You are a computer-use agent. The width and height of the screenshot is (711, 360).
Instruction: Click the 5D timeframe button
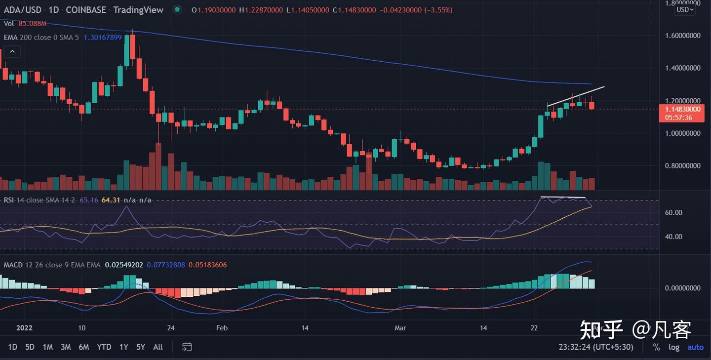click(30, 347)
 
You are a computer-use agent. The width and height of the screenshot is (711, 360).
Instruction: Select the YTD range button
click(104, 347)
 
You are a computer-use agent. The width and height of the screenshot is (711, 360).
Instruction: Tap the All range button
click(158, 347)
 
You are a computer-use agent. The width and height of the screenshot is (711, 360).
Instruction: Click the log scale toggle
click(674, 347)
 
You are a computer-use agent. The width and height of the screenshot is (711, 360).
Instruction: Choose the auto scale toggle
click(695, 347)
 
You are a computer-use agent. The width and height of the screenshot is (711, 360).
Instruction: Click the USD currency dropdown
click(685, 9)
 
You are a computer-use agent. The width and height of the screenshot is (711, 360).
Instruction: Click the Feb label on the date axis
click(222, 328)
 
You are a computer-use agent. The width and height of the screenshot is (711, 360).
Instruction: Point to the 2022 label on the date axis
click(24, 328)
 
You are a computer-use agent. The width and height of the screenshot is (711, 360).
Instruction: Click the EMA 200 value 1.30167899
click(103, 38)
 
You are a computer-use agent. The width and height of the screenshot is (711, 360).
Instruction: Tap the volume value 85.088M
click(33, 23)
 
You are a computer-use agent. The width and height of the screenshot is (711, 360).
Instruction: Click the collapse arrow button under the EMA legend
click(12, 51)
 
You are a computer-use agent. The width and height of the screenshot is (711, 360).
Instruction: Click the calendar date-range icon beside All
click(187, 347)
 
